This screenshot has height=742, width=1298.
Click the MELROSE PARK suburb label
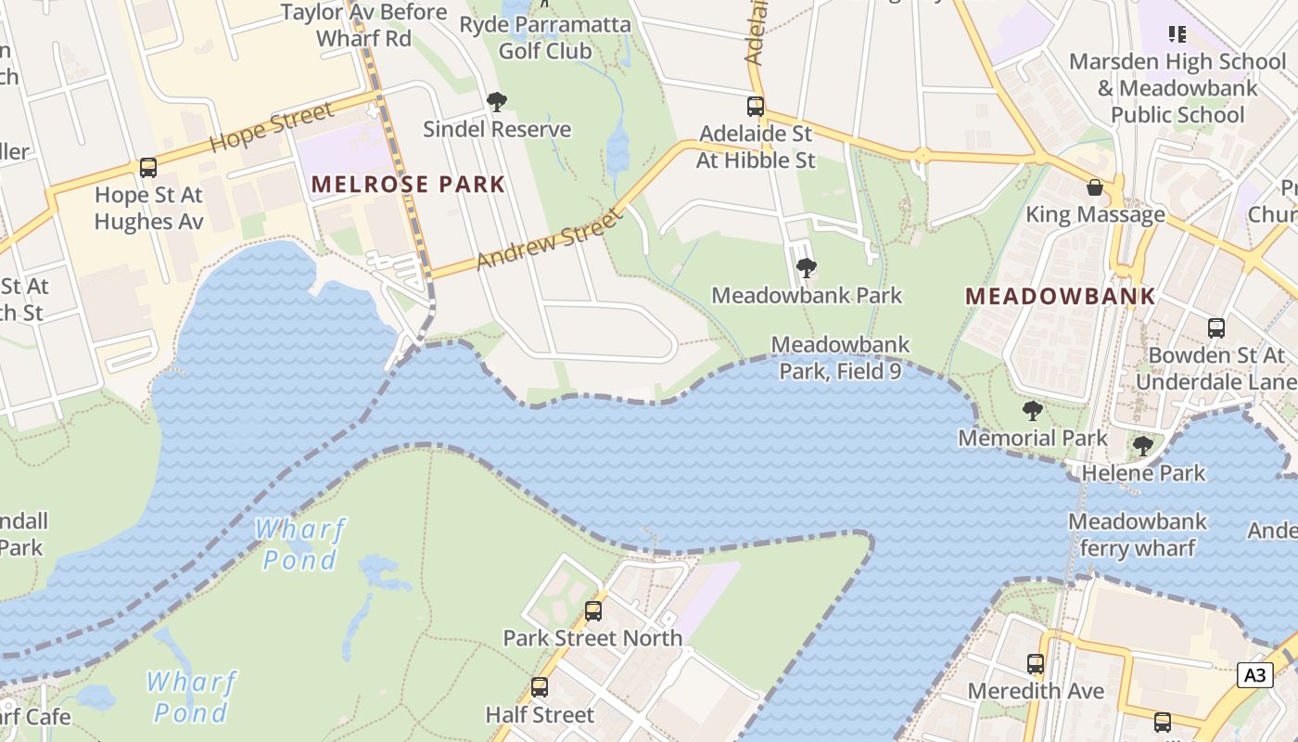[x=408, y=184]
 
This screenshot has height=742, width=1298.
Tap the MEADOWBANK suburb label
[x=1061, y=297]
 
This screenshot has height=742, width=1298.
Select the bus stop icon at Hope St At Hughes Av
[x=148, y=168]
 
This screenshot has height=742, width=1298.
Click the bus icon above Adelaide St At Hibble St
[x=756, y=107]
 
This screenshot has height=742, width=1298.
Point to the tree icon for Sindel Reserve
[x=497, y=101]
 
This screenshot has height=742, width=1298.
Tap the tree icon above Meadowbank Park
[x=807, y=269]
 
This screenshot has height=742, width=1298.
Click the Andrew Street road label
[x=548, y=241]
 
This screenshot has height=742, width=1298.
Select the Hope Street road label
[x=271, y=128]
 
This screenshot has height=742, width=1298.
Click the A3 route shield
[x=1254, y=674]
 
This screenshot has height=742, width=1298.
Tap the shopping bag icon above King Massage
[x=1095, y=187]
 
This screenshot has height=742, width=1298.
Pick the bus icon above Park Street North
[x=593, y=611]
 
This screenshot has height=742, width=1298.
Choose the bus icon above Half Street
[x=540, y=688]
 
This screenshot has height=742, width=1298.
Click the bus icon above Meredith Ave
[x=1036, y=664]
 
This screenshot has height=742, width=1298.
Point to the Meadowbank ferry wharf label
[x=1138, y=534]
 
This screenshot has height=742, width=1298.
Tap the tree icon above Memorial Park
[x=1032, y=411]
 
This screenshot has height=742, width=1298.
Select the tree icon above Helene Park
[x=1143, y=446]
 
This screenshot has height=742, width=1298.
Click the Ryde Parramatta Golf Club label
[x=545, y=37]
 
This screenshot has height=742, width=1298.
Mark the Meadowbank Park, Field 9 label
[x=840, y=358]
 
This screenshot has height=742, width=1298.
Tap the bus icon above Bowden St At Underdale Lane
[x=1216, y=328]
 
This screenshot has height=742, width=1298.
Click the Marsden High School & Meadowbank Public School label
[x=1177, y=88]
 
